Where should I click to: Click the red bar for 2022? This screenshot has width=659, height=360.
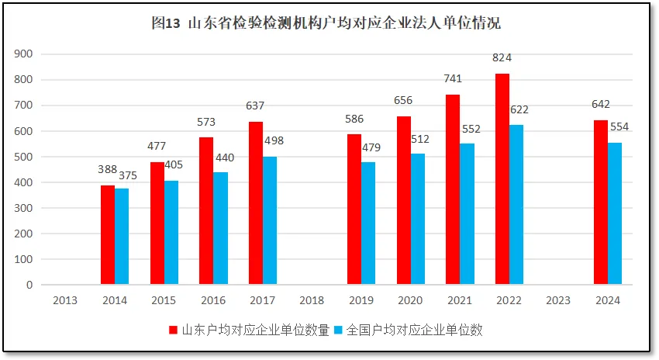click(x=502, y=179)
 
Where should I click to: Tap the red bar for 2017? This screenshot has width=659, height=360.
click(x=256, y=203)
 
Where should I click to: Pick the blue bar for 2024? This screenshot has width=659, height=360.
click(x=615, y=213)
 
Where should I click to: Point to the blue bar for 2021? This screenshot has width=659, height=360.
click(x=467, y=213)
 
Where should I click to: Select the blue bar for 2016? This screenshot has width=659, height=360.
click(x=220, y=228)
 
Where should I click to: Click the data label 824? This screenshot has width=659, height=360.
click(x=502, y=58)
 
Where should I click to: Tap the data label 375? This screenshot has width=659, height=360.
click(x=126, y=176)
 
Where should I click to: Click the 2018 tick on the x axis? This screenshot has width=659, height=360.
click(x=312, y=300)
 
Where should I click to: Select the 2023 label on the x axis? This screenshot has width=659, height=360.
click(x=558, y=300)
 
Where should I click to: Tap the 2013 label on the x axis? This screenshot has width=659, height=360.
click(x=65, y=300)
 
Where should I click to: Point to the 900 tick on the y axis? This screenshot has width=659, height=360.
click(x=24, y=54)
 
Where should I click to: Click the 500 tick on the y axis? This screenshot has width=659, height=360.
click(x=24, y=157)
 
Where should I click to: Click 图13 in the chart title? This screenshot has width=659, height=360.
click(x=166, y=23)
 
